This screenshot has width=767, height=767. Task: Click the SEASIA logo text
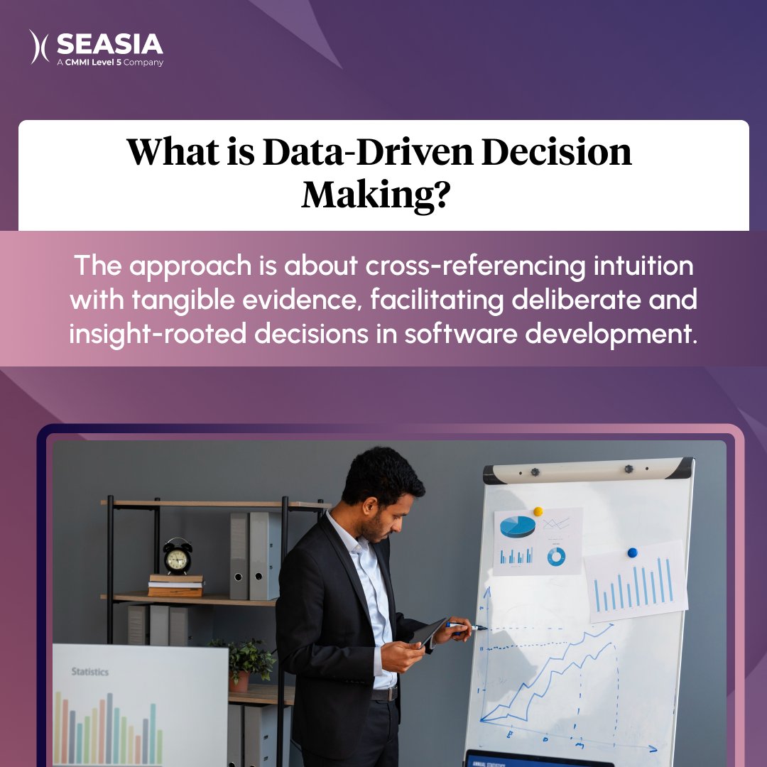coord(109,44)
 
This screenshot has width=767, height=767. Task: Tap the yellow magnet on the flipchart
coord(538,511)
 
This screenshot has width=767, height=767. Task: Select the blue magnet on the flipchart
coord(632,553)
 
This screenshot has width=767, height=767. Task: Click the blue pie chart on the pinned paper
coord(518,526)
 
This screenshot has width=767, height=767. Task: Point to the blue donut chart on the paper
coord(556,557)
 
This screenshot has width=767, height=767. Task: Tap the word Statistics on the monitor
coord(89,671)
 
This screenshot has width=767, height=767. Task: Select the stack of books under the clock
coord(175,585)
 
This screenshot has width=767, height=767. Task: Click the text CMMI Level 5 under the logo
coord(106,62)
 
